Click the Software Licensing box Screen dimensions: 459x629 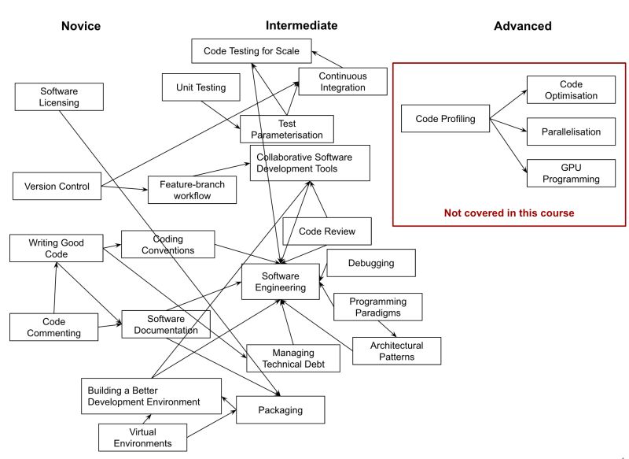click(60, 97)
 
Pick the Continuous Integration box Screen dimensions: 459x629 click(342, 81)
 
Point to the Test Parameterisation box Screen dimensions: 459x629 click(287, 129)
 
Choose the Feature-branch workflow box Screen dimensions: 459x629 click(192, 190)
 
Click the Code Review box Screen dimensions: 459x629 click(326, 231)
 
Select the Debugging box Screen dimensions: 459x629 click(370, 263)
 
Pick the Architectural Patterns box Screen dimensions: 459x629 click(395, 351)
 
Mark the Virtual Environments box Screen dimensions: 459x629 click(143, 437)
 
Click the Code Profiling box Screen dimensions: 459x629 click(444, 119)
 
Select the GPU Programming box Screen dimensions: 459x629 click(570, 173)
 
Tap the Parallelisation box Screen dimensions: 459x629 click(570, 131)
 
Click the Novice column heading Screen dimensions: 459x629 click(81, 26)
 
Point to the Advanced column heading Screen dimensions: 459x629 click(522, 26)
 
